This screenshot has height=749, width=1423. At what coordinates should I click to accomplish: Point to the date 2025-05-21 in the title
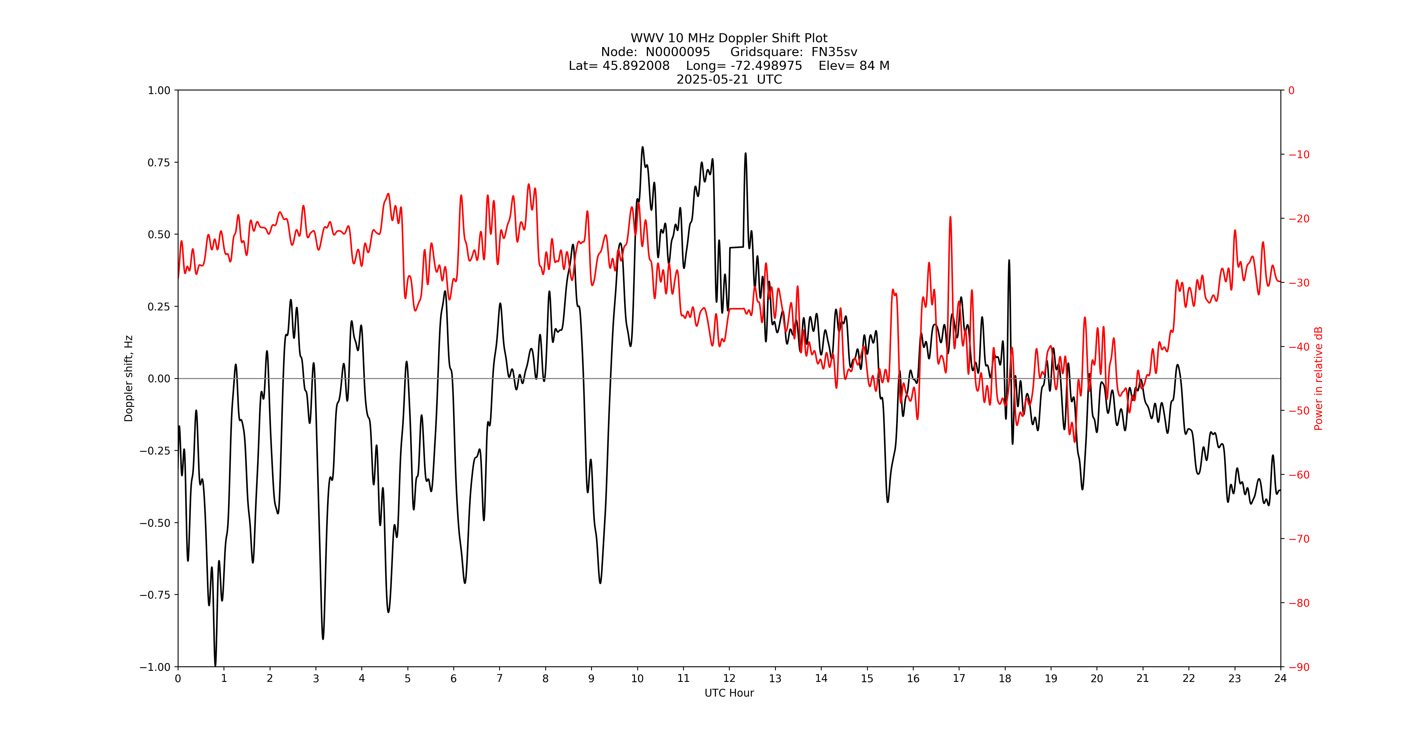pyautogui.click(x=712, y=79)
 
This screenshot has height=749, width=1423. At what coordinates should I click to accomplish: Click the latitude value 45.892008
pyautogui.click(x=635, y=66)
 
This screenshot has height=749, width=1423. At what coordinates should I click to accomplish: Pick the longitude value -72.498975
pyautogui.click(x=766, y=66)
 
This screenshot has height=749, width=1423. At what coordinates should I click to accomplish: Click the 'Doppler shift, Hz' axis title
pyautogui.click(x=129, y=378)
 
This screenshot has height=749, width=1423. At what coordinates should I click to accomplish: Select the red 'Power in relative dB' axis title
pyautogui.click(x=1318, y=378)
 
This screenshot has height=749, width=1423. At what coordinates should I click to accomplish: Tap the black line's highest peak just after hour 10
pyautogui.click(x=643, y=147)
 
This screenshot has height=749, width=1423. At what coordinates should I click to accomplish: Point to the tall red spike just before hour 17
pyautogui.click(x=950, y=218)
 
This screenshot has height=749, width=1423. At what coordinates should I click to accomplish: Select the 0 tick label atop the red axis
pyautogui.click(x=1291, y=90)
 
